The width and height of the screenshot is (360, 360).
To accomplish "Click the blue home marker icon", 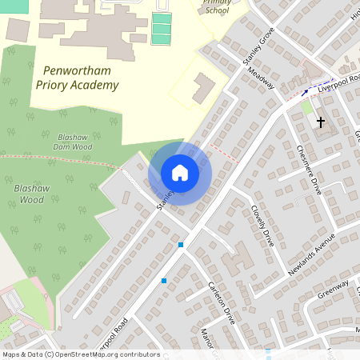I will point(180,173).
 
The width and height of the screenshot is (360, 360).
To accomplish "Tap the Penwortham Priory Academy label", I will point(77,78).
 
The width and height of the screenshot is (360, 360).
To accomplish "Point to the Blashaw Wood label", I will point(33,193).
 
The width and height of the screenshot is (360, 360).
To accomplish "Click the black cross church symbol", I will point(321,122).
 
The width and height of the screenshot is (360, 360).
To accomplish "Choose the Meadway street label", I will point(262,78).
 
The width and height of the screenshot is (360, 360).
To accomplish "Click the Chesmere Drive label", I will point(308,169).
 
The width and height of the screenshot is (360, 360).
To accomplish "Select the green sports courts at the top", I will point(162,28).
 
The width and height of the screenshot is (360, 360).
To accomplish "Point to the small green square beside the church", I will point(306,108).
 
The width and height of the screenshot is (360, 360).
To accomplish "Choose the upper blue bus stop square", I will point(182,245).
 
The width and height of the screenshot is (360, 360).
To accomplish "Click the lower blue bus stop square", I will point(164,280).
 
